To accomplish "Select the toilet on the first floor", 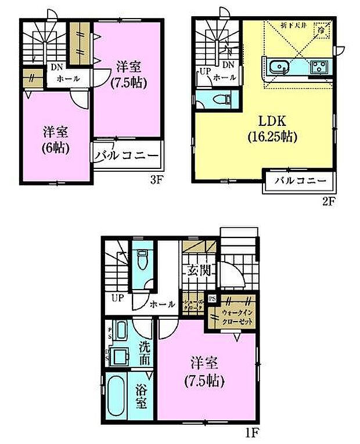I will pyautogui.click(x=142, y=261).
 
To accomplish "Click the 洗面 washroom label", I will pyautogui.click(x=145, y=353).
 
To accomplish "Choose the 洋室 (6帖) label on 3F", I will pyautogui.click(x=55, y=139).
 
